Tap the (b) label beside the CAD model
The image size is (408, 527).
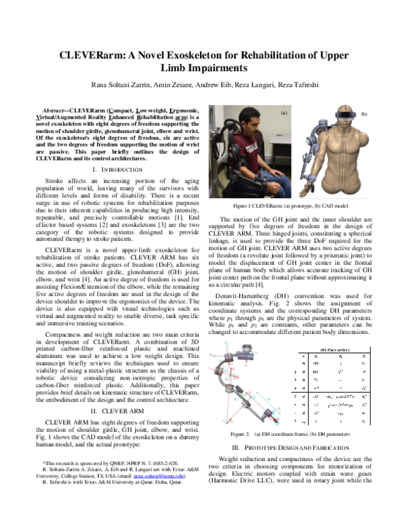coord(364,114)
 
